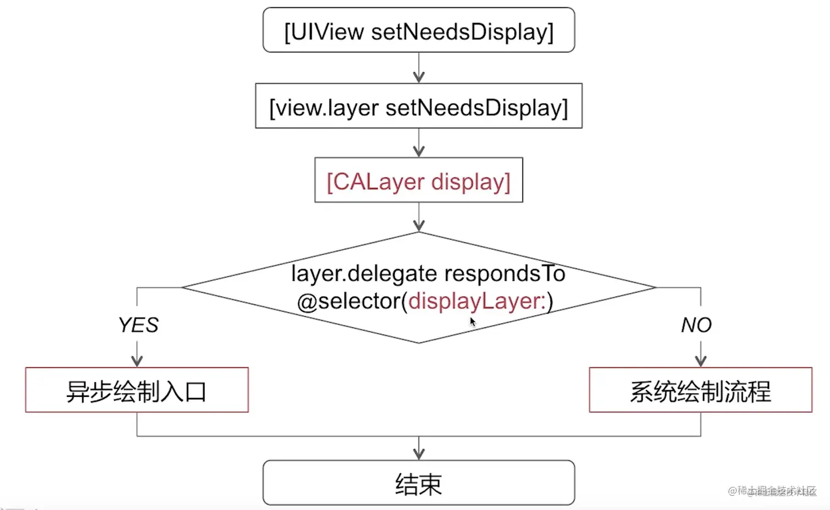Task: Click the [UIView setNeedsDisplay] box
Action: click(x=418, y=31)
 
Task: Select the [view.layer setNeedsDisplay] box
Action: click(x=418, y=107)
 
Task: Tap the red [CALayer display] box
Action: click(x=418, y=181)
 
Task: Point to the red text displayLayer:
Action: click(x=477, y=301)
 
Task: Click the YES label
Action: click(x=138, y=325)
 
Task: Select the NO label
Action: click(x=696, y=325)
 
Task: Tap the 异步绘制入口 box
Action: click(x=137, y=390)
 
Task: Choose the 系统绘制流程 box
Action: click(x=700, y=390)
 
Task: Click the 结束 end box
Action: click(x=418, y=483)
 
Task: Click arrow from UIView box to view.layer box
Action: click(x=419, y=68)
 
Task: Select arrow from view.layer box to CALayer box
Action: click(x=419, y=143)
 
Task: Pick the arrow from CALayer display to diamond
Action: click(x=419, y=217)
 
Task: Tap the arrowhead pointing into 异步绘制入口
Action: click(x=137, y=361)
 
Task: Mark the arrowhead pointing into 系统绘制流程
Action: click(x=700, y=361)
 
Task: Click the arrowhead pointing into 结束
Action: click(x=419, y=453)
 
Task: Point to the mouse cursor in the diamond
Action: click(x=472, y=321)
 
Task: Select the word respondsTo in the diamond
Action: click(x=504, y=273)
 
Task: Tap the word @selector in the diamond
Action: click(x=349, y=301)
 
